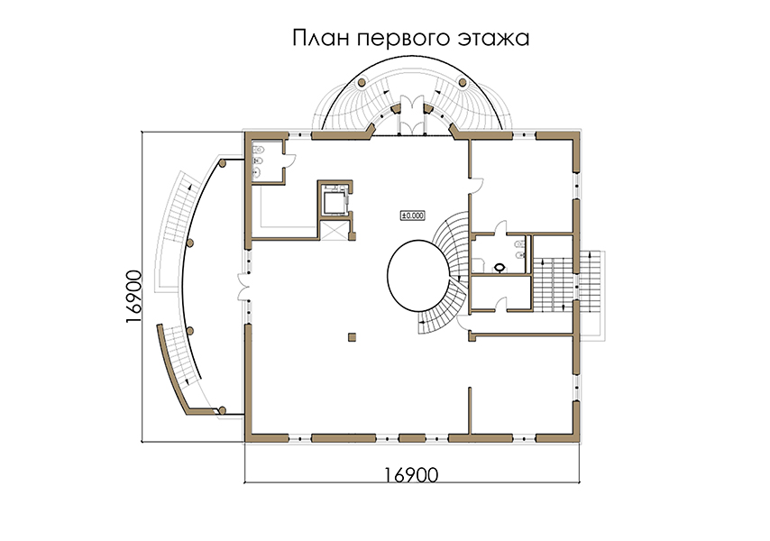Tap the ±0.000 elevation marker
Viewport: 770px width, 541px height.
[413, 215]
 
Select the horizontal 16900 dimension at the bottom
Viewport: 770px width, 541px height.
[410, 474]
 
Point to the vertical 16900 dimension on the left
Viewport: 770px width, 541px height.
[133, 296]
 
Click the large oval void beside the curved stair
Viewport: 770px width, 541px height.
[419, 275]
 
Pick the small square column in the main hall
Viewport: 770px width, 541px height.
[352, 337]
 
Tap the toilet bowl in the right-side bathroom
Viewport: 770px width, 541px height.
[500, 268]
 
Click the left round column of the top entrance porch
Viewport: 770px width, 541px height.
[361, 83]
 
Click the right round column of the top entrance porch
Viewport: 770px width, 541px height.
[463, 83]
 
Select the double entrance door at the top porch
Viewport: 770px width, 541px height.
[411, 115]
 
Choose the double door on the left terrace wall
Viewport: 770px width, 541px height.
[243, 287]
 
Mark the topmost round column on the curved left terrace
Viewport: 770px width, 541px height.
[222, 163]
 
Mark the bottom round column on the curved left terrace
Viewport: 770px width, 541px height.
[222, 410]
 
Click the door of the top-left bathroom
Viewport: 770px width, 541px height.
[290, 160]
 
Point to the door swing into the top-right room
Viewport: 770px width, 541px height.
[477, 186]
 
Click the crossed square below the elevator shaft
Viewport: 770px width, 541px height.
[334, 230]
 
